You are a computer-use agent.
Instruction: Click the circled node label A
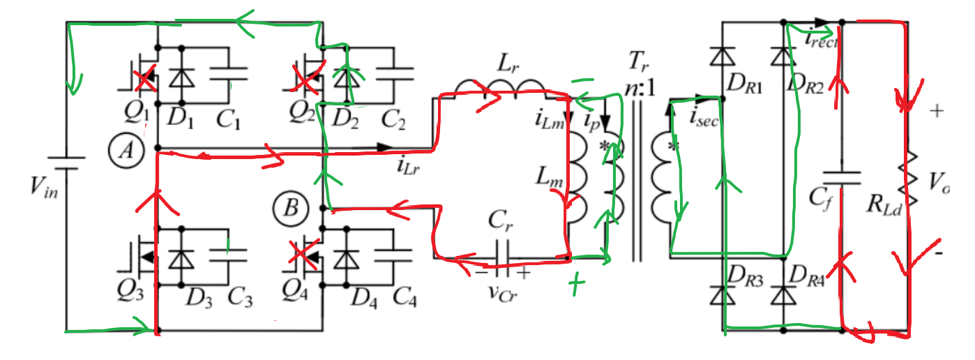point(126,150)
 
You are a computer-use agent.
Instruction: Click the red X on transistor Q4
point(301,256)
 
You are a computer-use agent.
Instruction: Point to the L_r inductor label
point(506,65)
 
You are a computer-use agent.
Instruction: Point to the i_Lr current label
point(409,166)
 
